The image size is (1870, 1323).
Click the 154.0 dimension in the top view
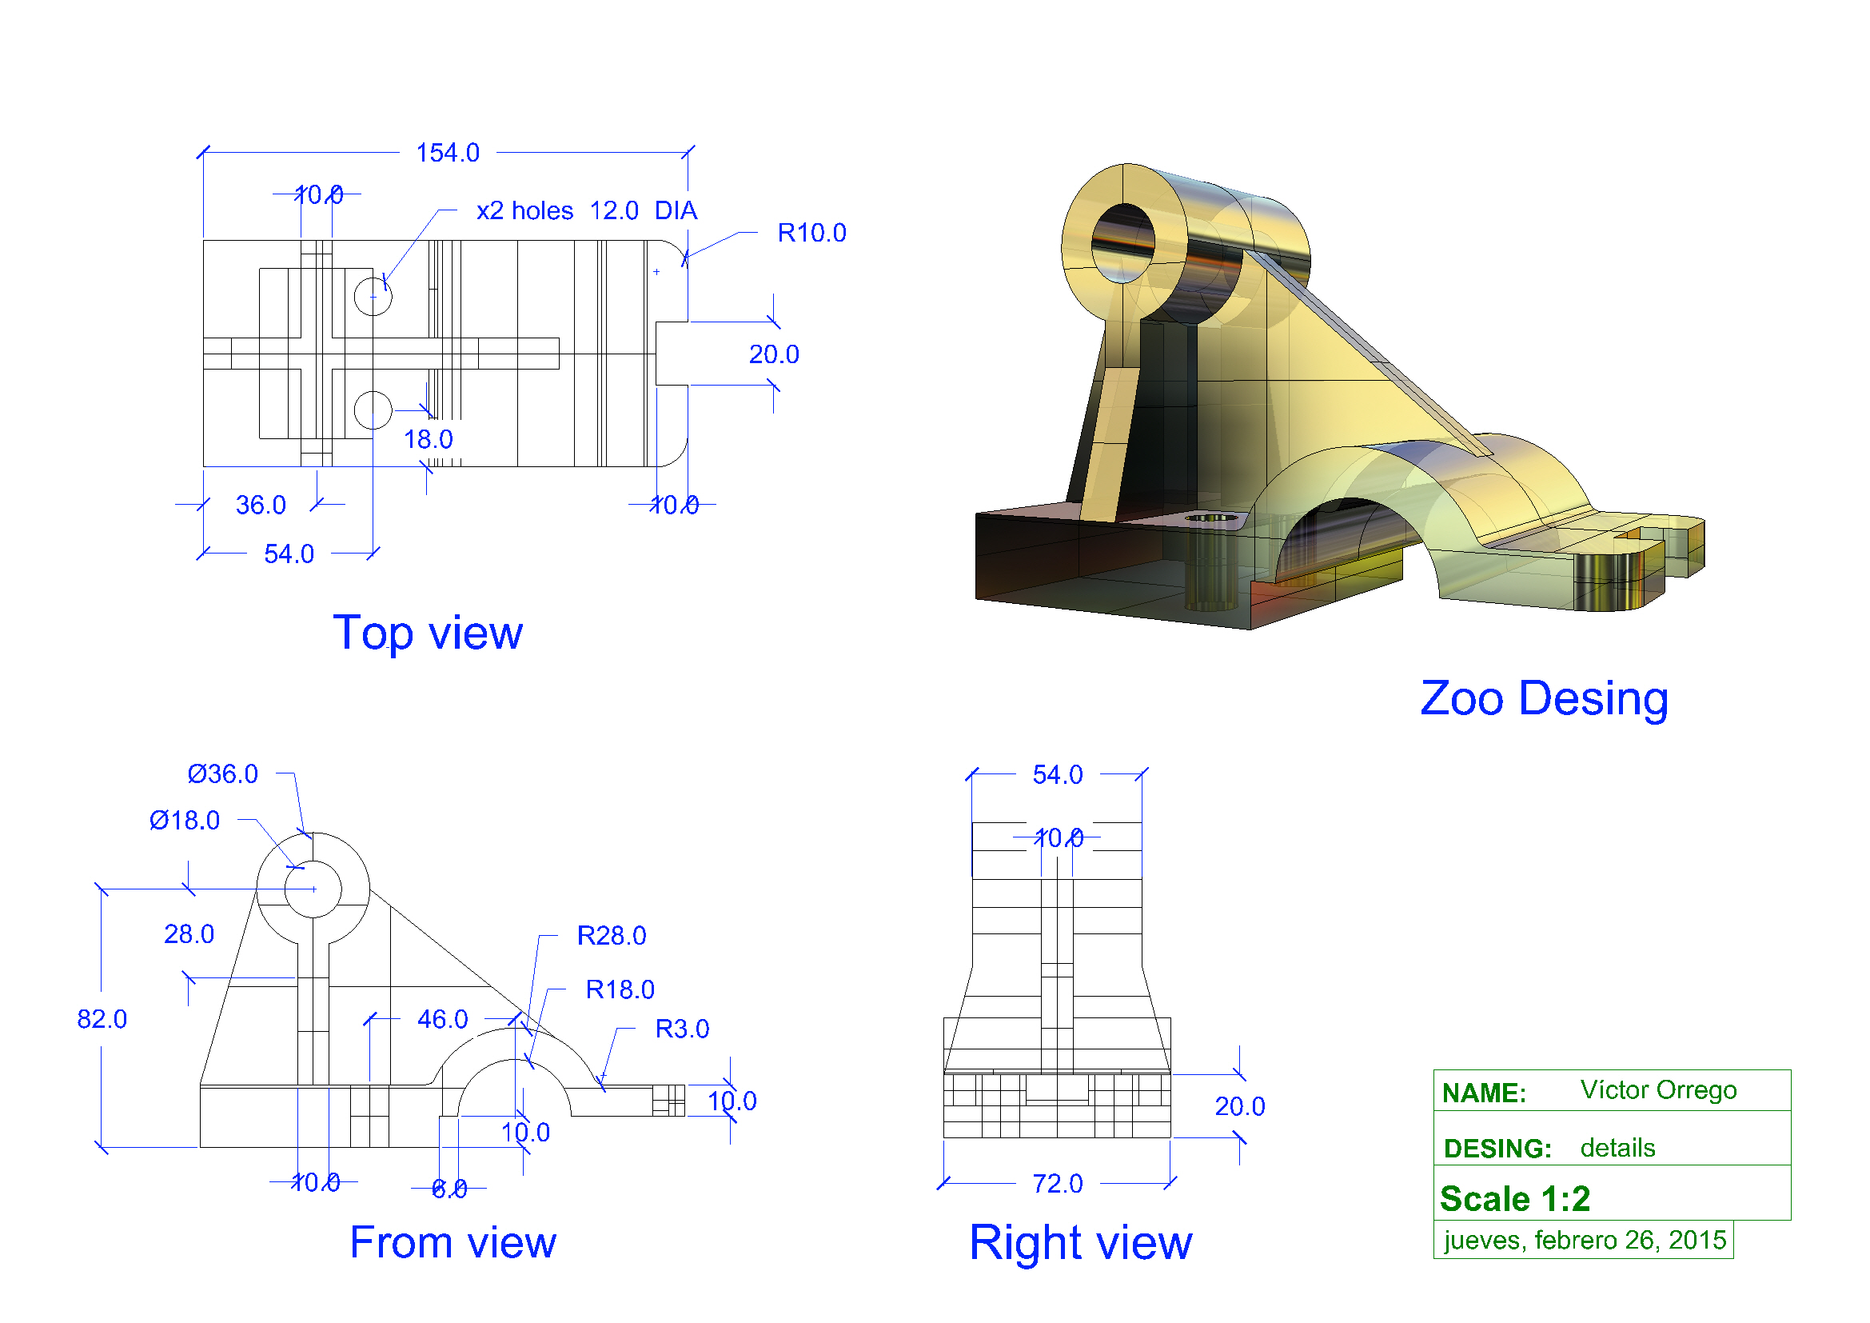click(x=447, y=152)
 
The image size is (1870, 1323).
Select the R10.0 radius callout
click(x=811, y=233)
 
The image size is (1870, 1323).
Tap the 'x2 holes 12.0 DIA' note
click(x=586, y=211)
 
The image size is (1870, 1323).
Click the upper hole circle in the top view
click(x=373, y=296)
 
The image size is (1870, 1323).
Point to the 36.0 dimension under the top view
click(x=261, y=505)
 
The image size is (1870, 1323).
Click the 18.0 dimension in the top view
click(x=429, y=440)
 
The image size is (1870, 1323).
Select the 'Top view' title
click(x=428, y=633)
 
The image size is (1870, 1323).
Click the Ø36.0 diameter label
click(x=222, y=774)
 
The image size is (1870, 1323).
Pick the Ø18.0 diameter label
click(x=184, y=821)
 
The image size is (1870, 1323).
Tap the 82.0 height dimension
click(x=102, y=1019)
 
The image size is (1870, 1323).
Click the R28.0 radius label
click(x=611, y=936)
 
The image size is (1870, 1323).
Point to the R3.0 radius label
click(x=682, y=1029)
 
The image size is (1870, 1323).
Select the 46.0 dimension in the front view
click(x=442, y=1019)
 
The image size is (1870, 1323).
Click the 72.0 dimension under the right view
click(x=1057, y=1184)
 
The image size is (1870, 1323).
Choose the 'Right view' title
click(x=1080, y=1243)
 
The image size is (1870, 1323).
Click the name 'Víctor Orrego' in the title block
click(x=1657, y=1090)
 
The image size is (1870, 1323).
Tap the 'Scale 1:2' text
click(x=1514, y=1199)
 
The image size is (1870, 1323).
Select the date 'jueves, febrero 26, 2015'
click(x=1584, y=1240)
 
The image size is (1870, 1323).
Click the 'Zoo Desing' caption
click(x=1543, y=699)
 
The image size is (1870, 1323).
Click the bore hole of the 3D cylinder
click(x=1123, y=243)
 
